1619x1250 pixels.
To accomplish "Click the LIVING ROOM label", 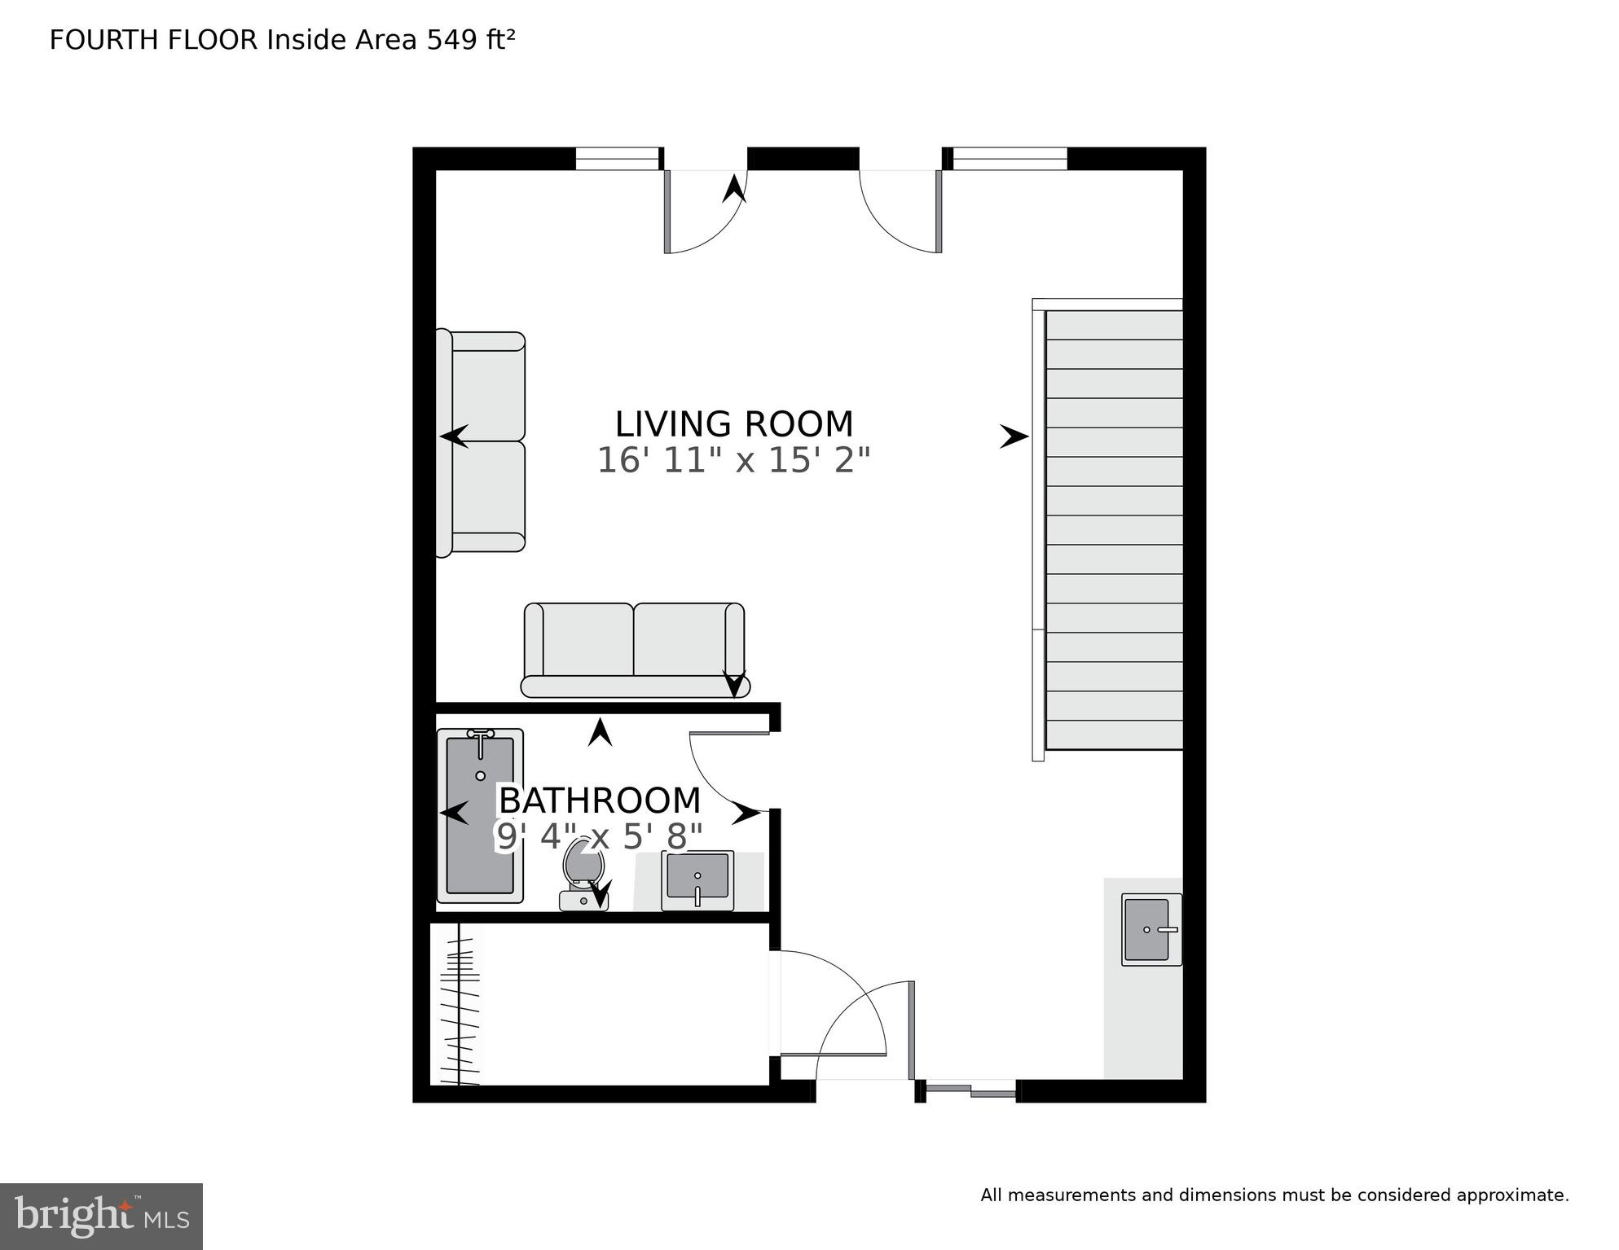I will [x=733, y=425].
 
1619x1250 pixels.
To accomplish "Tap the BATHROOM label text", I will [x=600, y=801].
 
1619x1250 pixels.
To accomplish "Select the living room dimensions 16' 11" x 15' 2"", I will [x=733, y=461].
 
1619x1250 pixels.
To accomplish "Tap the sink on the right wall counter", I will [x=1150, y=929].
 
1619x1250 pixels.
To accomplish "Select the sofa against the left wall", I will [x=481, y=443].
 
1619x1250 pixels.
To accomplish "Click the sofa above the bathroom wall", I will [x=634, y=650].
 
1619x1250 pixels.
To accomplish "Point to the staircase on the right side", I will [x=1113, y=529].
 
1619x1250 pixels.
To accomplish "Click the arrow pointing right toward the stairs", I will [x=1014, y=437].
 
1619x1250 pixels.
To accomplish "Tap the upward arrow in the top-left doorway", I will [x=734, y=189].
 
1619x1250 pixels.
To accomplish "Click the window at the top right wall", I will [x=1010, y=159].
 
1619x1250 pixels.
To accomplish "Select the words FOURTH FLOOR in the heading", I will [x=153, y=40].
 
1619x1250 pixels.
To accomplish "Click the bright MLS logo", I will [x=101, y=1216].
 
